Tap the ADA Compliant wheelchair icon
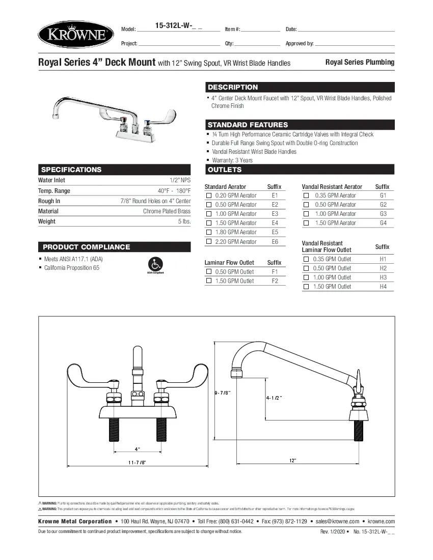[155, 265]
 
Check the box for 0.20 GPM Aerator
[209, 195]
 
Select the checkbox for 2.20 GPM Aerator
[209, 241]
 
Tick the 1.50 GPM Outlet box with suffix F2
[209, 281]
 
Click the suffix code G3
[383, 214]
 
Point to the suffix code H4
[383, 287]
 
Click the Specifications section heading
[71, 170]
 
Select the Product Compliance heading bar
[86, 247]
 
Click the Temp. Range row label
[54, 191]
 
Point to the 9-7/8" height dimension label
[223, 392]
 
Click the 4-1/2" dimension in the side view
[274, 397]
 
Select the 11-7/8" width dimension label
[137, 462]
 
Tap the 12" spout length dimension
[292, 460]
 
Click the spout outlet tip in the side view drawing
[236, 374]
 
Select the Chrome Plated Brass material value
[167, 211]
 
